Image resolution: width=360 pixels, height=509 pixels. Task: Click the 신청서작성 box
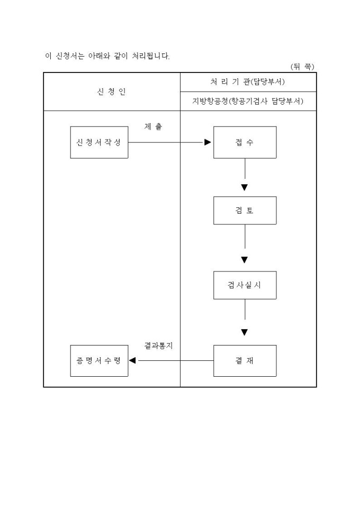(x=99, y=142)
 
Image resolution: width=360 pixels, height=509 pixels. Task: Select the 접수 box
(x=245, y=142)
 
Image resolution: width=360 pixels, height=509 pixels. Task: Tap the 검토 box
(x=245, y=210)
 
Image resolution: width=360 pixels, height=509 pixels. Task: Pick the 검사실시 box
(x=245, y=285)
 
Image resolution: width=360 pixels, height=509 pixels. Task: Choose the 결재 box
(x=245, y=361)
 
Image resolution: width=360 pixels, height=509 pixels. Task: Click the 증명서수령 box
(x=99, y=361)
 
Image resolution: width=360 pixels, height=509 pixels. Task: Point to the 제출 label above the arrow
(x=154, y=127)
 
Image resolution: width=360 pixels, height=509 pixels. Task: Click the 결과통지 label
(x=159, y=346)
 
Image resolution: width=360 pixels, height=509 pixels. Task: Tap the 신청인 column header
(x=112, y=92)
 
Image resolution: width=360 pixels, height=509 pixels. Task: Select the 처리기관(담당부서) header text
(x=248, y=82)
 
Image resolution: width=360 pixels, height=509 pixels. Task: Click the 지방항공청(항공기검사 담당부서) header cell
(x=248, y=102)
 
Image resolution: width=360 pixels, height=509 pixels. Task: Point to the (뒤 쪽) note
(x=302, y=67)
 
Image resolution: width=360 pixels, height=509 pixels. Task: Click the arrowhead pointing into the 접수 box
(x=208, y=142)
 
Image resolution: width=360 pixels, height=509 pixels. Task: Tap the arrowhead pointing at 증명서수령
(x=133, y=361)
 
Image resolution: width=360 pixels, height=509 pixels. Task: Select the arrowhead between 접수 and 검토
(x=245, y=187)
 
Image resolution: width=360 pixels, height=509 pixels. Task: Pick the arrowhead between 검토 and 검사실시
(x=245, y=260)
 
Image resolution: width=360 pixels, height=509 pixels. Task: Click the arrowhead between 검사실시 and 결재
(x=245, y=333)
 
